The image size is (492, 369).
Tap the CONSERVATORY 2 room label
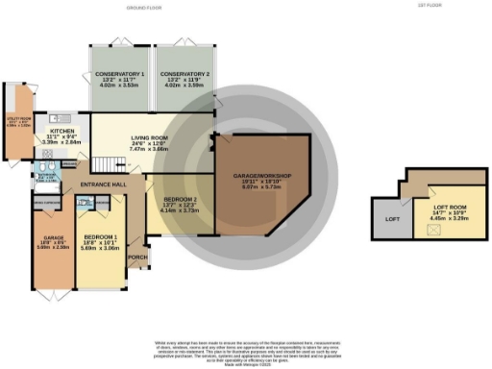tap(185, 74)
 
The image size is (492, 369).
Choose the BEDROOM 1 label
tap(100, 234)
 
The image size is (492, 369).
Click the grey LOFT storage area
tap(392, 219)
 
